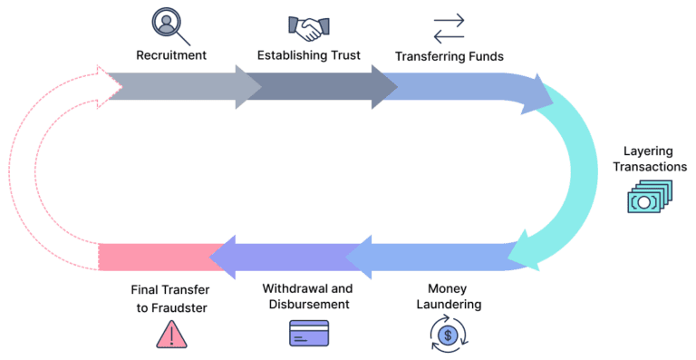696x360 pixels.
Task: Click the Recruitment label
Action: (x=171, y=55)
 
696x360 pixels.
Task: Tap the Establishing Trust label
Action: (x=309, y=55)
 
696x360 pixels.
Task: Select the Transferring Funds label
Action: (x=449, y=56)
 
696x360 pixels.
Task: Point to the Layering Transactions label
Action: (x=654, y=159)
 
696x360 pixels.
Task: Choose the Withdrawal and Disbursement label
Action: (x=305, y=296)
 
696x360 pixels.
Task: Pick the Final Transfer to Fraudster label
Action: (x=169, y=299)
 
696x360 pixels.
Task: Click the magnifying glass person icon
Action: (x=170, y=24)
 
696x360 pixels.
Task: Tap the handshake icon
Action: (x=307, y=26)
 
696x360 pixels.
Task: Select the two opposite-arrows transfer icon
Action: (x=449, y=27)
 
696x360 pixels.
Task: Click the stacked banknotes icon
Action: (x=651, y=197)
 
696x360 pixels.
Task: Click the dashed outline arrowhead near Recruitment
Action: (x=109, y=84)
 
